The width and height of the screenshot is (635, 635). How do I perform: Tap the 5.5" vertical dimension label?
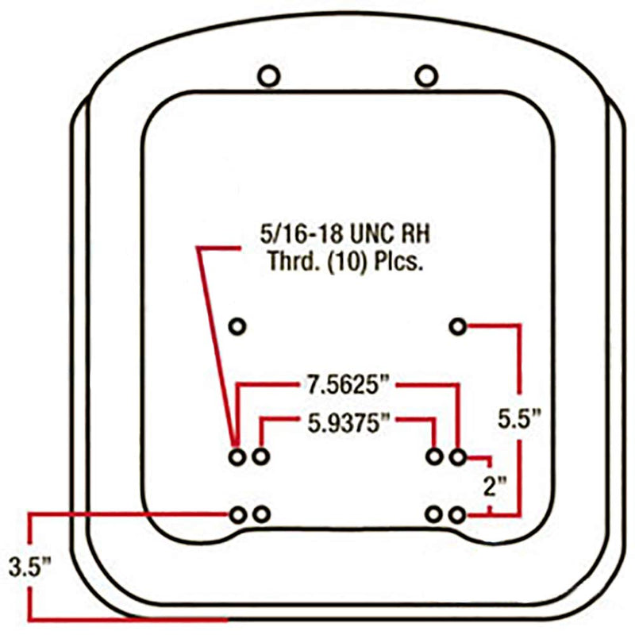tap(521, 418)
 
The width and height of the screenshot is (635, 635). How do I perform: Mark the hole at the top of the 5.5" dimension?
tap(457, 325)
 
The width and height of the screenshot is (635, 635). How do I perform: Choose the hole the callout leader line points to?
tap(237, 456)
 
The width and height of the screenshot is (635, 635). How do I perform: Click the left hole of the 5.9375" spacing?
tap(261, 456)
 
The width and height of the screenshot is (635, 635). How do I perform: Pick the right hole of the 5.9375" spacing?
tap(434, 456)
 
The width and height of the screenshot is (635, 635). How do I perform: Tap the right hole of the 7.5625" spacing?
tap(457, 456)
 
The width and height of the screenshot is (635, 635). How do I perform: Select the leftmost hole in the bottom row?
tap(237, 514)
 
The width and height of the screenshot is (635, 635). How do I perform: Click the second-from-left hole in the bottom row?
tap(261, 514)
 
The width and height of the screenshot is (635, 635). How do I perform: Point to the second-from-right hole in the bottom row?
tap(433, 514)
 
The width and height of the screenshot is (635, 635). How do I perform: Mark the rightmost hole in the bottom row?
tap(456, 514)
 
